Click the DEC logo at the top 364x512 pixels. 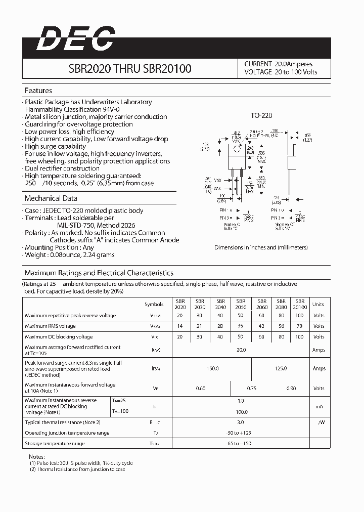[75, 39]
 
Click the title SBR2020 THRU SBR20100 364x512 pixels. [130, 68]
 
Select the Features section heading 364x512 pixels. [38, 91]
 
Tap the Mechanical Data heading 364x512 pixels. [51, 198]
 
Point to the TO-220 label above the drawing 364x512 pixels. [261, 116]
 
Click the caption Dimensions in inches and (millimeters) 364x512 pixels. [261, 247]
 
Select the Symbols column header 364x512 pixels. [154, 305]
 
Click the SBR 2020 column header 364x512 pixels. [180, 304]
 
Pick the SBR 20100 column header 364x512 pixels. [300, 304]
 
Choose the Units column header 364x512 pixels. [318, 305]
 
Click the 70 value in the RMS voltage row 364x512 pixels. [300, 326]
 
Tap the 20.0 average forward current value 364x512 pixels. [241, 350]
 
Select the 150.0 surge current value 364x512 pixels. [212, 368]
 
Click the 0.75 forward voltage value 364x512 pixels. [251, 388]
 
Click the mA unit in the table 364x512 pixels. [318, 406]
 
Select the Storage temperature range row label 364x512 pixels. [55, 444]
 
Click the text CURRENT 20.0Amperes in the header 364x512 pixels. [278, 64]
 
